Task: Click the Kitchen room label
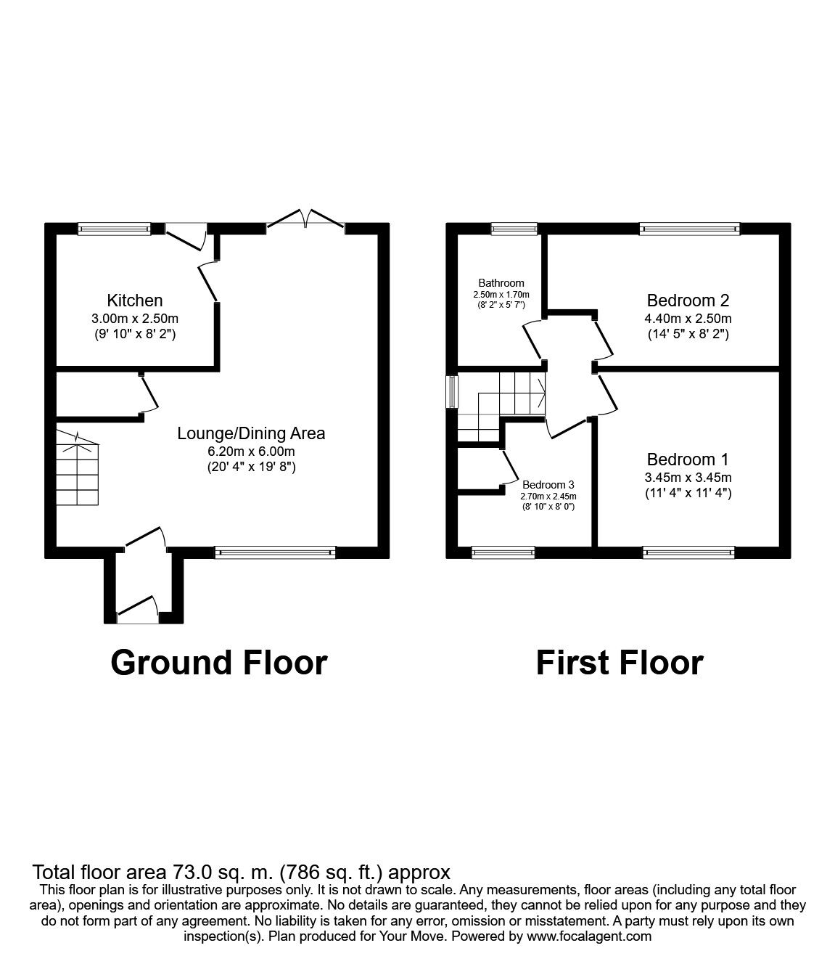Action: [x=135, y=301]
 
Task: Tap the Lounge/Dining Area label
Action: [x=251, y=434]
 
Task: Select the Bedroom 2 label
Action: [x=688, y=301]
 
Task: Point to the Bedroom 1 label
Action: [x=687, y=459]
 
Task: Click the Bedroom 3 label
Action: [x=548, y=485]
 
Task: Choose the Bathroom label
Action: [x=501, y=282]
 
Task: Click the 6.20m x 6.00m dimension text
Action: [x=251, y=452]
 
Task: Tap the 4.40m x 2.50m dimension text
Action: [x=688, y=319]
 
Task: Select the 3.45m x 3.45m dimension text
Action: [x=688, y=478]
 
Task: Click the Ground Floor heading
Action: [x=218, y=663]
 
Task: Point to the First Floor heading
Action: [x=619, y=663]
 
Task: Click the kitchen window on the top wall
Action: [x=114, y=229]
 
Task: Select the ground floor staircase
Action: [x=78, y=467]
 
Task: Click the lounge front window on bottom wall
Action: [x=275, y=552]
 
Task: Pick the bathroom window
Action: [x=514, y=229]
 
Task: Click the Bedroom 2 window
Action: [x=689, y=229]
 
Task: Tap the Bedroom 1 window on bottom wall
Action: [x=688, y=552]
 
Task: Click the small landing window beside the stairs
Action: [x=452, y=392]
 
